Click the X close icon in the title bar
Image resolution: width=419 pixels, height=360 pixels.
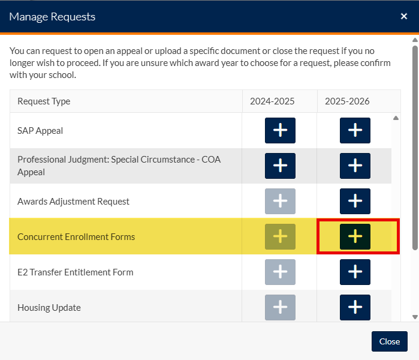404,16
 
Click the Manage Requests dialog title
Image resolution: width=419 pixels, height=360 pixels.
52,16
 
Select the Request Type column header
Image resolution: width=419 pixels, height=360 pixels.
44,101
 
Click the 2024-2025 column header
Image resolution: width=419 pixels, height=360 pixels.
272,101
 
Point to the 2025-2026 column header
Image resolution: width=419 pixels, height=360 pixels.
347,101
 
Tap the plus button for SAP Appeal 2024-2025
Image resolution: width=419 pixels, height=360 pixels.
280,130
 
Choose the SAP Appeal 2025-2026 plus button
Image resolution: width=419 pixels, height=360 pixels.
355,130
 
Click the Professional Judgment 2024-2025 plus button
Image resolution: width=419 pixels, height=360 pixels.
280,166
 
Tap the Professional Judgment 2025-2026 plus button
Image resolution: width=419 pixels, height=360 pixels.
355,166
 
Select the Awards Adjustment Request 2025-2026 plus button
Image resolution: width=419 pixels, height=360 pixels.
355,201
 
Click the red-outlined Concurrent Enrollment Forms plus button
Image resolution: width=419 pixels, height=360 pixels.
355,236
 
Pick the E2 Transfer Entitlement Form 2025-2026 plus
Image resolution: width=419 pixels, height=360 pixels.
355,272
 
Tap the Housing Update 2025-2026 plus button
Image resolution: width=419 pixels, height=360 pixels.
355,307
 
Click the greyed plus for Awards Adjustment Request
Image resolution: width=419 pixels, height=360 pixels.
280,201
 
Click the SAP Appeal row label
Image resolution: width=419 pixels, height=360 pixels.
40,131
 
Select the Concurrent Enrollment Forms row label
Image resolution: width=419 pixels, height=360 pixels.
76,237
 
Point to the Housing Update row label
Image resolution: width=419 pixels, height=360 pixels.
49,308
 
